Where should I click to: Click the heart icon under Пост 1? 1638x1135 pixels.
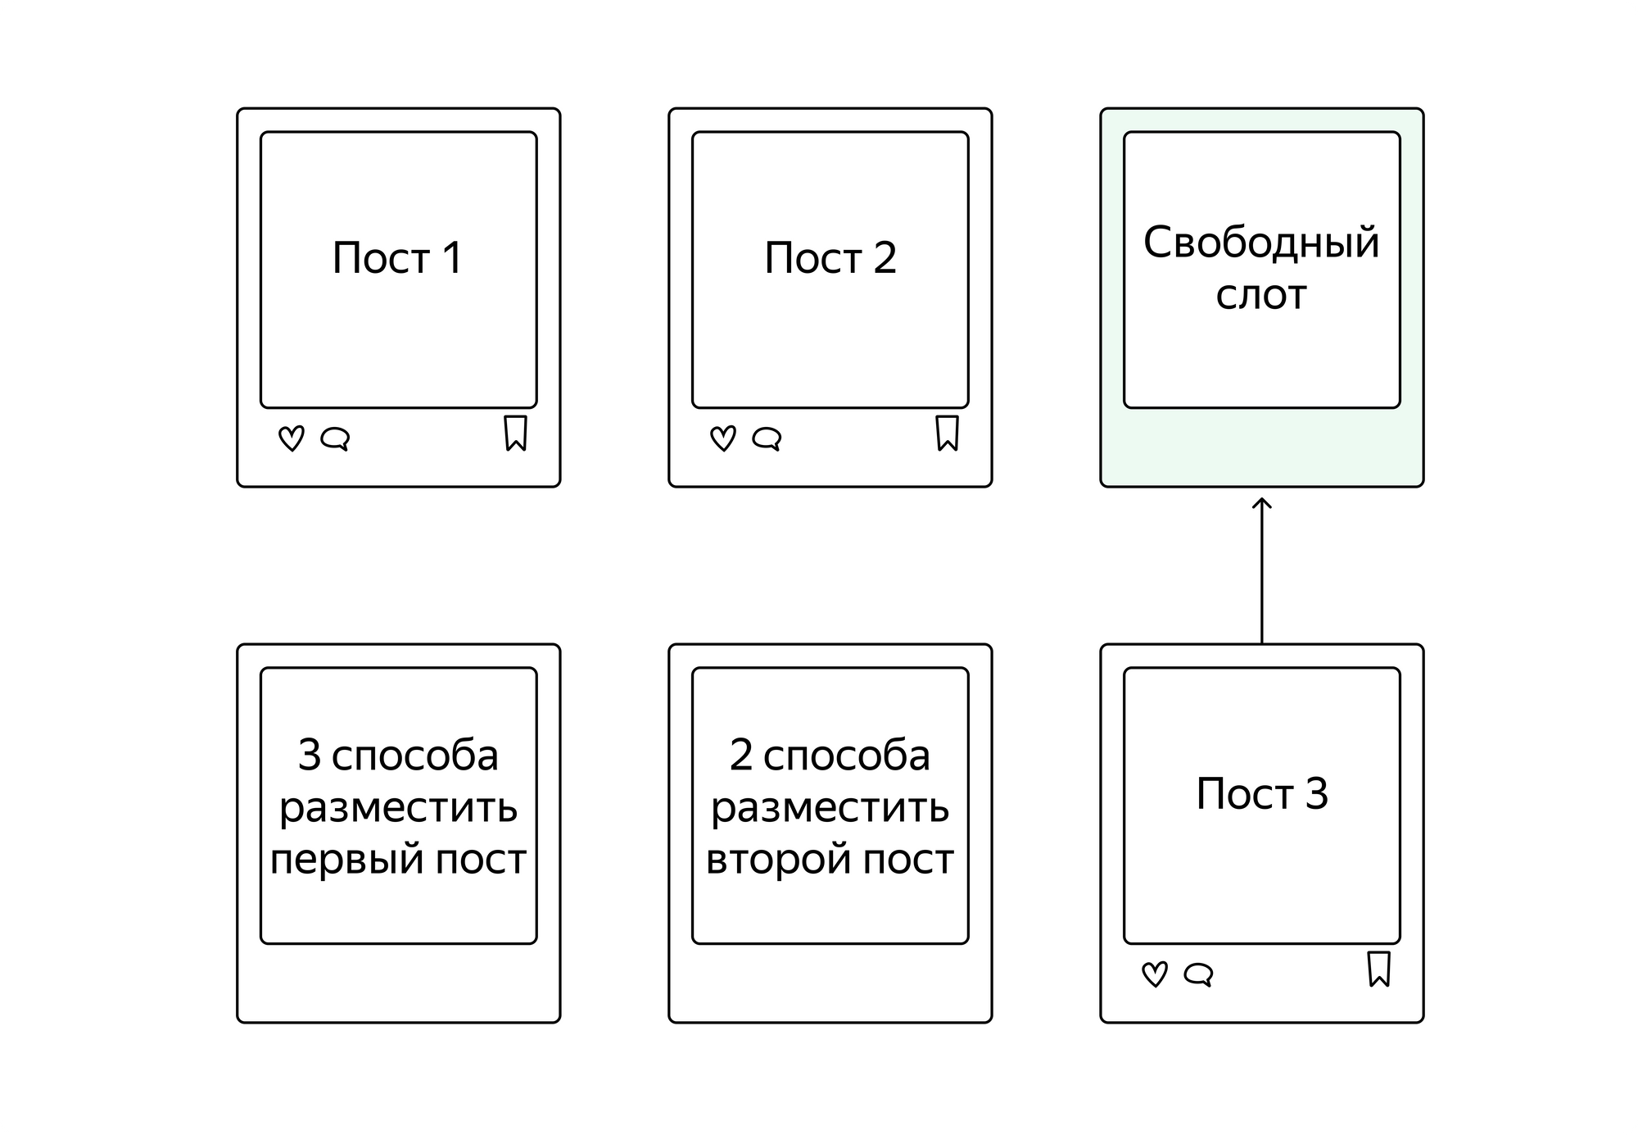(x=292, y=438)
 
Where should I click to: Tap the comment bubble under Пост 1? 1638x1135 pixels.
(x=335, y=439)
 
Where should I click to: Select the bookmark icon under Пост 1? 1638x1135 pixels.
(x=515, y=433)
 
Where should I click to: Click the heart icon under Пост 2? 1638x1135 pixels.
(x=723, y=438)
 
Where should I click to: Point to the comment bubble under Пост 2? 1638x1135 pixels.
(x=767, y=439)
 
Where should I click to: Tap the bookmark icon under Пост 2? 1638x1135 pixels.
(x=947, y=433)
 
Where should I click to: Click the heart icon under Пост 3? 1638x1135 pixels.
(x=1155, y=974)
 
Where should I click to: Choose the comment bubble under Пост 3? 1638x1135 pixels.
(x=1198, y=975)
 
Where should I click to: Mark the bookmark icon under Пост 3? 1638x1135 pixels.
(x=1378, y=969)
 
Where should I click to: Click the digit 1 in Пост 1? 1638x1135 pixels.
(x=453, y=258)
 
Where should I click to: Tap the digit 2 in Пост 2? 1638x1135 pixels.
(x=885, y=258)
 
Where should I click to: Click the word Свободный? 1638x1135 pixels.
(x=1261, y=243)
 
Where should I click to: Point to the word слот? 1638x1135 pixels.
(x=1261, y=296)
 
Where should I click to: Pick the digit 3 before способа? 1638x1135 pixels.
(x=309, y=755)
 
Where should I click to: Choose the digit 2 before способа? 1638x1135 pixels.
(x=740, y=755)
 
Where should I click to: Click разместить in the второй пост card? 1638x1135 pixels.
(x=830, y=809)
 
